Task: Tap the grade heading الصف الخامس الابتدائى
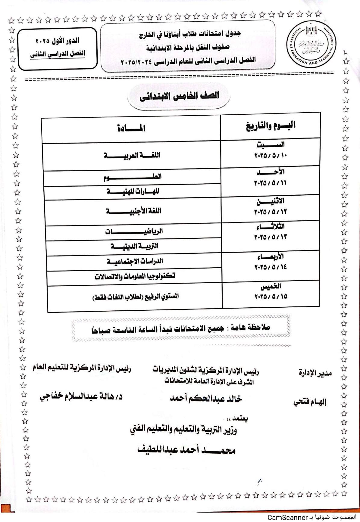(179, 96)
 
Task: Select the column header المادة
(131, 129)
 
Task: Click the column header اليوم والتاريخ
(271, 126)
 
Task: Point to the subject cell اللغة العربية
(132, 155)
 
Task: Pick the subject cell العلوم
(133, 177)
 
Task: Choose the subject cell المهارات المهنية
(133, 191)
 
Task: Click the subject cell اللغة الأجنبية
(133, 211)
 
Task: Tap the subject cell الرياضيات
(134, 231)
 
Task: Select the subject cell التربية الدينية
(134, 246)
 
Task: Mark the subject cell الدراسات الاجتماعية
(135, 261)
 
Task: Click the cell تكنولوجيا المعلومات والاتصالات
(135, 276)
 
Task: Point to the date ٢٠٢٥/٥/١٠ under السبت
(271, 156)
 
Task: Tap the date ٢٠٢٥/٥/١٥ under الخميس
(271, 297)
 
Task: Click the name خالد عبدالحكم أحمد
(206, 399)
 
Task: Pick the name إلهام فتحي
(310, 402)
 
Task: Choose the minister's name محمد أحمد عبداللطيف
(186, 450)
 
